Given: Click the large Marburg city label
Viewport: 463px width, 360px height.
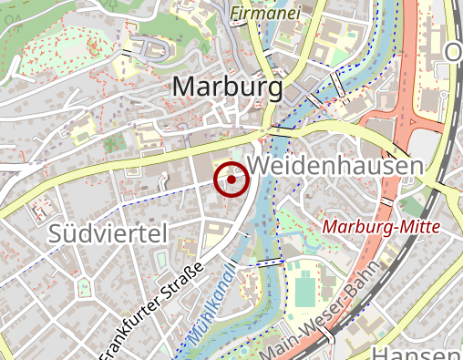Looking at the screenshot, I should [227, 87].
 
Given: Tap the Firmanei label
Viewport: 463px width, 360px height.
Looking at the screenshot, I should [264, 13].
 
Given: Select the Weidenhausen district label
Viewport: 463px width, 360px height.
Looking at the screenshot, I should [335, 167].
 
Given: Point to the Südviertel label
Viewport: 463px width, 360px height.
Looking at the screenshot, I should [109, 233].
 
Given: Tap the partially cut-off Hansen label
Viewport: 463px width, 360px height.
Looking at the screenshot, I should [418, 354].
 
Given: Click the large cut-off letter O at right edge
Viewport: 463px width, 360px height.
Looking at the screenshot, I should [453, 52].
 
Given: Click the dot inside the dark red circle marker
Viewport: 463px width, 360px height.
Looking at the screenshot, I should [231, 180].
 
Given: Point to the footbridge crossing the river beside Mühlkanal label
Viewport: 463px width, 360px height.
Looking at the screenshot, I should [270, 263].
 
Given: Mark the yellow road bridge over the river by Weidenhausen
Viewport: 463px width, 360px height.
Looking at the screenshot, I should [280, 132].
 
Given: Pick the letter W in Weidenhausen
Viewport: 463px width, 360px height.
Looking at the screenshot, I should [259, 167].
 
